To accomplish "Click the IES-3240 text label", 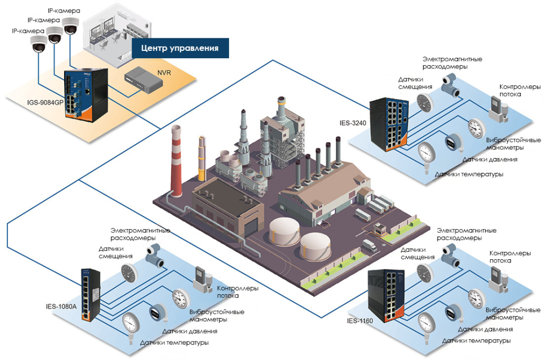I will pyautogui.click(x=352, y=124).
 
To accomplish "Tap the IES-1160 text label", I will pyautogui.click(x=360, y=320).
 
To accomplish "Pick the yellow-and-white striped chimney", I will pyautogui.click(x=202, y=158).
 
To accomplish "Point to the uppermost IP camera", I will pyautogui.click(x=70, y=25).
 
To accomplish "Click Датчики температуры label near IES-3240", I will pyautogui.click(x=469, y=174).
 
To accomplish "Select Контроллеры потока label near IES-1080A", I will pyautogui.click(x=238, y=292).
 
